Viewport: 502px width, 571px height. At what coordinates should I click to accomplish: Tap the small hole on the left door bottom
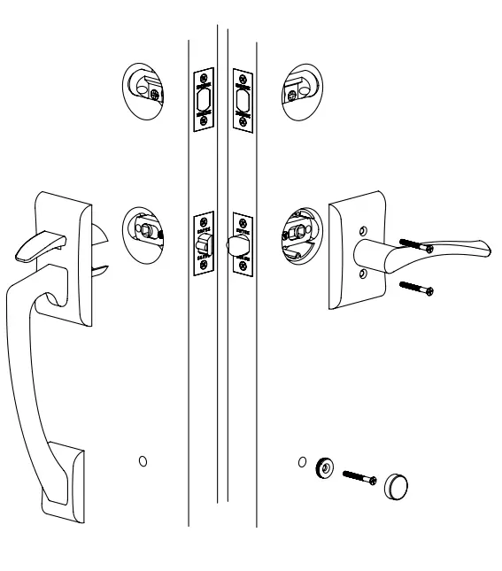point(143,461)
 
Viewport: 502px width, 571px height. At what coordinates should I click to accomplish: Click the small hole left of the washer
point(303,461)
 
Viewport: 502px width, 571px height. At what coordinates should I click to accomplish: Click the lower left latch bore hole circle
point(143,233)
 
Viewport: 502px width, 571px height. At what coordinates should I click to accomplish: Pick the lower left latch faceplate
point(204,243)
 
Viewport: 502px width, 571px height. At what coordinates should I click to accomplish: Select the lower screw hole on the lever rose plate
point(361,274)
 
